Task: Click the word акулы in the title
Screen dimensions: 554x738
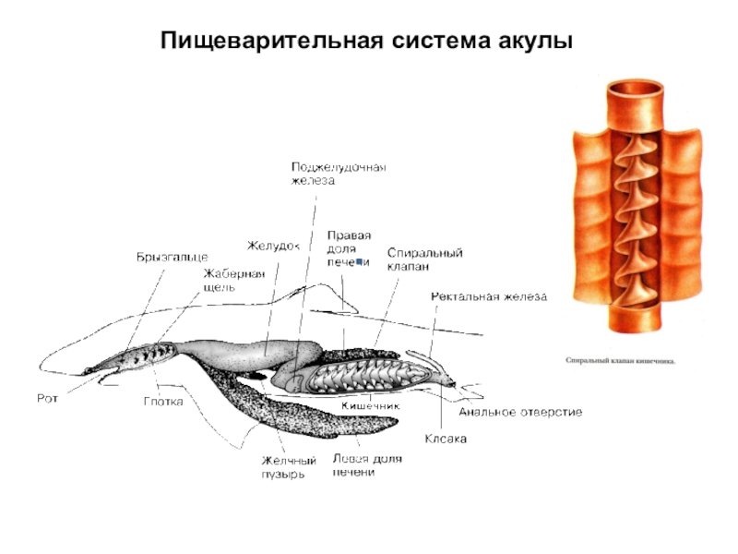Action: click(x=530, y=42)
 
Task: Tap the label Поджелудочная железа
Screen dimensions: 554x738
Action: click(x=338, y=174)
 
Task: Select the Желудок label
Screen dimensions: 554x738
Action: click(x=274, y=246)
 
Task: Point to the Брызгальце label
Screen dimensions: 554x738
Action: click(x=172, y=256)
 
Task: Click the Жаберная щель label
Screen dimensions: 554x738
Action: click(x=233, y=280)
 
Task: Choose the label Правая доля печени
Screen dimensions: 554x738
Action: click(x=349, y=248)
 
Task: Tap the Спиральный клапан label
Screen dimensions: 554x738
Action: click(x=424, y=259)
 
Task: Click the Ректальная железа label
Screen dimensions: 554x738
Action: click(x=489, y=297)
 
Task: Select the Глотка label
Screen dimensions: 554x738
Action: click(x=163, y=403)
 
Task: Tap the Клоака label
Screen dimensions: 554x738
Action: click(x=446, y=438)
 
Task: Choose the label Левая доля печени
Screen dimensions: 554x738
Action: click(x=365, y=465)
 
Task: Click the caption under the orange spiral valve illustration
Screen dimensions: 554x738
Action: click(x=620, y=361)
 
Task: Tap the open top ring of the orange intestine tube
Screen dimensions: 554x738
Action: click(x=635, y=90)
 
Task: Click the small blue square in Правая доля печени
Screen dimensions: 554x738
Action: click(x=359, y=262)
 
